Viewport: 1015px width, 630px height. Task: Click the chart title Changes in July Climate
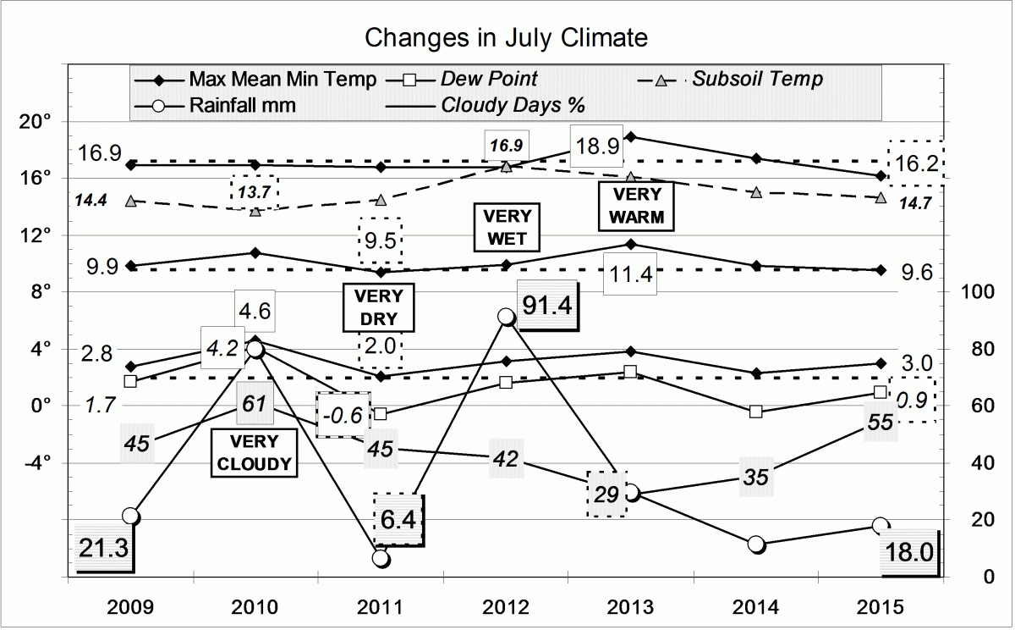pos(506,38)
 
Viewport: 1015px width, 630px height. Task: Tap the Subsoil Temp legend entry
pos(757,80)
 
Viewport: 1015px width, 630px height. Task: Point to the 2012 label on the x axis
pos(506,607)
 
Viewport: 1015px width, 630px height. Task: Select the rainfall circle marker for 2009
pos(130,516)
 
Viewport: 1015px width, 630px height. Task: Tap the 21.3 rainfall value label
pos(103,549)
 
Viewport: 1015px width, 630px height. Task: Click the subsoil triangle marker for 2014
pos(756,193)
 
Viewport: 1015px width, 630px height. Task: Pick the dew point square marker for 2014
pos(756,412)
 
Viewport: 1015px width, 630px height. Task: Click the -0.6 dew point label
pos(343,415)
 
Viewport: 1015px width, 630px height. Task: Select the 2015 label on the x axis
pos(880,607)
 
